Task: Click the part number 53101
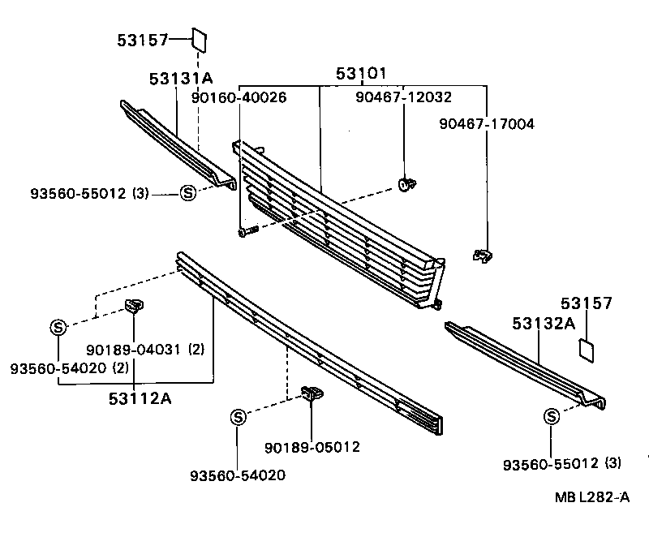point(361,74)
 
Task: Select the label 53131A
point(180,79)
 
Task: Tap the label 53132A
point(543,324)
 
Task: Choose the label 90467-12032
point(403,97)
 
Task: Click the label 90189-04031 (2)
point(145,350)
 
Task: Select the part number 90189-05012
point(312,447)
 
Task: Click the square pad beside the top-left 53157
point(200,39)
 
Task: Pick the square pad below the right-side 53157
point(586,349)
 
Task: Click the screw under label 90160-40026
point(247,232)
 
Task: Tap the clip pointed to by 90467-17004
point(482,256)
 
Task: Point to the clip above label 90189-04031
point(133,306)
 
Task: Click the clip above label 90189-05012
point(312,394)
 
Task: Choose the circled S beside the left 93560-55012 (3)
point(187,193)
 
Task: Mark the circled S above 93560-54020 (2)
point(58,327)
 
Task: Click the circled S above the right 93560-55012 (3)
point(551,417)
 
